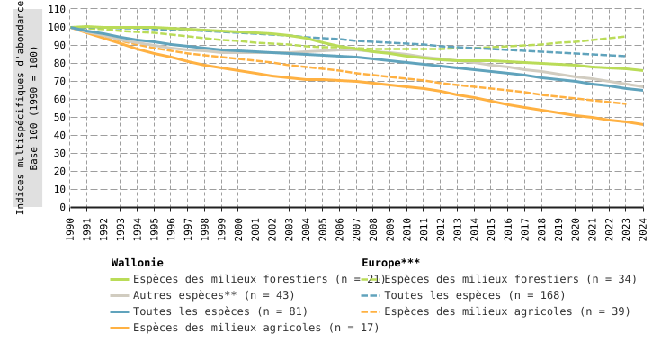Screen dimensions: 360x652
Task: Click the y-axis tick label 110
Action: [x=56, y=9]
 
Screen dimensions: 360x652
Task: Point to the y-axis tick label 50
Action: [x=58, y=117]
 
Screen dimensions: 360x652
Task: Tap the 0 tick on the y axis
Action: [x=62, y=207]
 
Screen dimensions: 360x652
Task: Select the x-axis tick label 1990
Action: [x=71, y=229]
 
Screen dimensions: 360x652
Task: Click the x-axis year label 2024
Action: [x=643, y=229]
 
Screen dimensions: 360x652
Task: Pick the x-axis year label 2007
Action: [x=357, y=229]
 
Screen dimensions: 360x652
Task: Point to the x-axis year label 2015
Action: [x=492, y=229]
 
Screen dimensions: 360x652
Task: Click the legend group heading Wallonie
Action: [x=137, y=263]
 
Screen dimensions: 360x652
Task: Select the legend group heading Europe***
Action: [x=390, y=263]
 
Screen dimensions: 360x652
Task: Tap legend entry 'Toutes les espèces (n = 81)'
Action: [x=220, y=311]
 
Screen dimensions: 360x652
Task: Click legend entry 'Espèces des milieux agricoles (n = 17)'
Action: [x=256, y=328]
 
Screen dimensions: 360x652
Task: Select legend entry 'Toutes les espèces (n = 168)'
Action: [x=475, y=295]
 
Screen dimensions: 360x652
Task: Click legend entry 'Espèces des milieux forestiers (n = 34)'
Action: [x=510, y=279]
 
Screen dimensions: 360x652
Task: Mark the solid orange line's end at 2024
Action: [x=643, y=124]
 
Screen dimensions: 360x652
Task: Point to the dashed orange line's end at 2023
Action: [x=626, y=104]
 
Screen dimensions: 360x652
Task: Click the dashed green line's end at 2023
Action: [x=626, y=37]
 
